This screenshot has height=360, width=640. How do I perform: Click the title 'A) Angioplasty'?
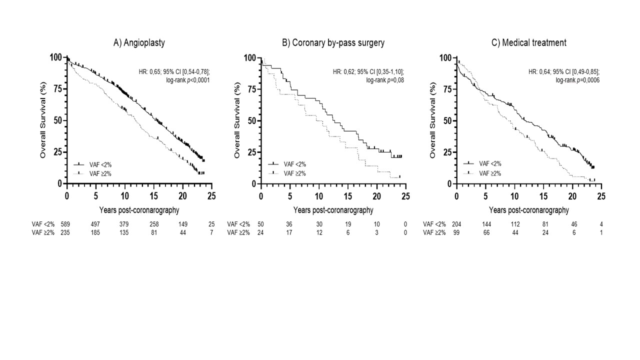[139, 43]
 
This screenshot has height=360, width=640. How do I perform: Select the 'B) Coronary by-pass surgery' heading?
[333, 43]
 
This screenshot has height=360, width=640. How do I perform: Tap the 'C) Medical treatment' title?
[529, 43]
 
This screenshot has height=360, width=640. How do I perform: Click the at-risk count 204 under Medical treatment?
[456, 224]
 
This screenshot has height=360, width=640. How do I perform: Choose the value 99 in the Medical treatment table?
[456, 232]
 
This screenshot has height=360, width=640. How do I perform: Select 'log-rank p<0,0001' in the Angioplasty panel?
[187, 80]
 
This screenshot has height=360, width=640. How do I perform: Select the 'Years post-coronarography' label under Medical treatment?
[529, 210]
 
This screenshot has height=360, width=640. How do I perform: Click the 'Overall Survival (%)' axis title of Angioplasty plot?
[43, 120]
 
